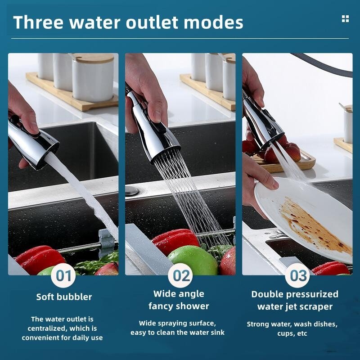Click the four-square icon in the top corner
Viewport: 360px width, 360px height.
[x=345, y=18]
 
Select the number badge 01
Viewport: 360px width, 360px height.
[x=64, y=275]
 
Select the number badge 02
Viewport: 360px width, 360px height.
[x=181, y=275]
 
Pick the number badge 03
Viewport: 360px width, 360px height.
[x=298, y=275]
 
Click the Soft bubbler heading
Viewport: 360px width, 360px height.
[x=64, y=297]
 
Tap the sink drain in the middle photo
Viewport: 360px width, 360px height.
[x=132, y=190]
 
